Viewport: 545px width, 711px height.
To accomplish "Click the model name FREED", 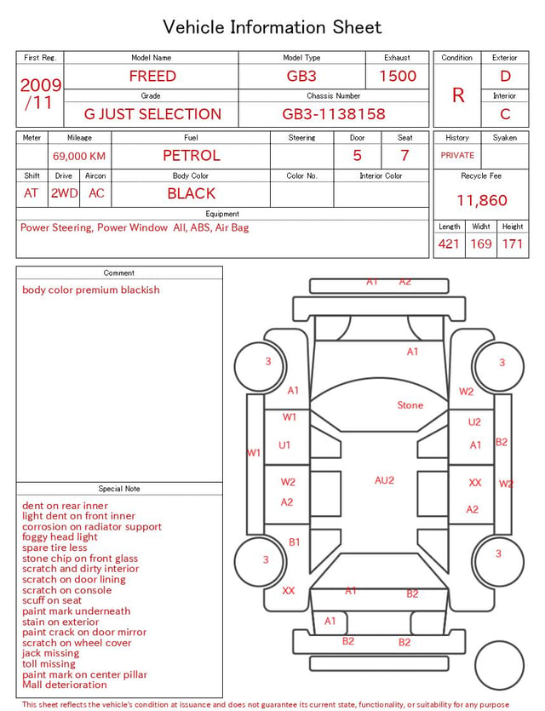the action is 152,76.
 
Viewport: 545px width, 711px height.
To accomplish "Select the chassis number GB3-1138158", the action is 334,114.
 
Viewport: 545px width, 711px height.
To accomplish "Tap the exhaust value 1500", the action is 398,76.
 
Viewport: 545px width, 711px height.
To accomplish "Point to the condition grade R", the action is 458,95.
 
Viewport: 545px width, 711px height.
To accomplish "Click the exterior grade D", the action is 505,76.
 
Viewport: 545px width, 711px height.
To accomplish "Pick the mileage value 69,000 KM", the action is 79,157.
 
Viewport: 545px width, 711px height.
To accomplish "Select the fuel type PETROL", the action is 192,156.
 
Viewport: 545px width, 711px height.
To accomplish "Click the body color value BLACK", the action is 192,193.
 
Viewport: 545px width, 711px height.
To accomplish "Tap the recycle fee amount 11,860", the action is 481,200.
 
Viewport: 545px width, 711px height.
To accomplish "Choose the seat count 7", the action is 404,156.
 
